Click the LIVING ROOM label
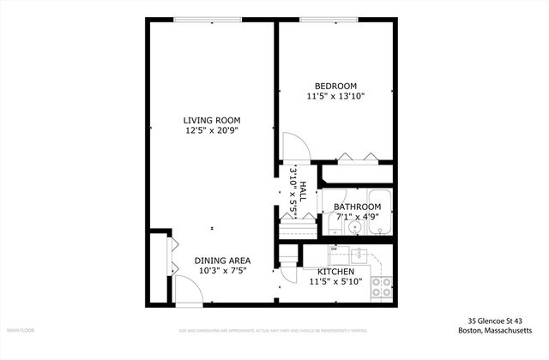click(x=211, y=120)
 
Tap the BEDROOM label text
click(x=335, y=86)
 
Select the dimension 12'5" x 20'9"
click(x=211, y=131)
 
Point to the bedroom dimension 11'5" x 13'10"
click(x=335, y=97)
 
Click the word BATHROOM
click(x=357, y=207)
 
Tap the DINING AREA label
click(x=222, y=261)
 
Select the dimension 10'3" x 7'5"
click(x=222, y=272)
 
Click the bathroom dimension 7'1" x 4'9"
click(x=357, y=217)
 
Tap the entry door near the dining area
click(x=189, y=291)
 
